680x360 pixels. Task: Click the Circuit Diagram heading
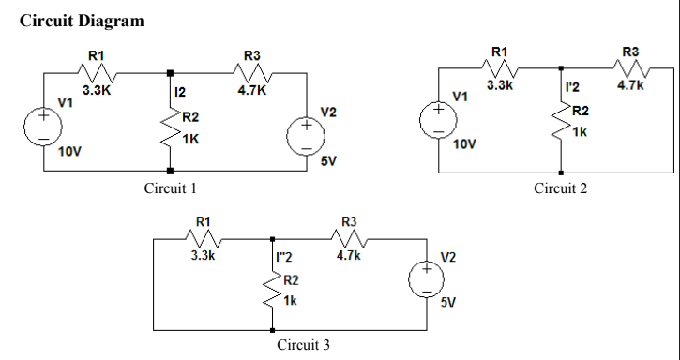click(x=81, y=21)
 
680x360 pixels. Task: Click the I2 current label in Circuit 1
click(x=181, y=92)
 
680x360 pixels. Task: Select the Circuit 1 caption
click(x=171, y=188)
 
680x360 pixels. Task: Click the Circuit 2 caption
click(x=560, y=188)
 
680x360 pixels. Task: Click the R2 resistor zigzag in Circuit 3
click(x=273, y=290)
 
